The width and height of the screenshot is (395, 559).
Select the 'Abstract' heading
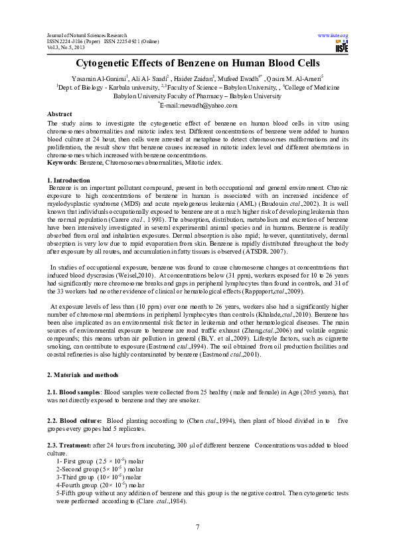tap(60, 114)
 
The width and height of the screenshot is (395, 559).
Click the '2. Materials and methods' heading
tap(84, 375)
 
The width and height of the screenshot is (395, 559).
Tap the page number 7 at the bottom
tap(197, 526)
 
